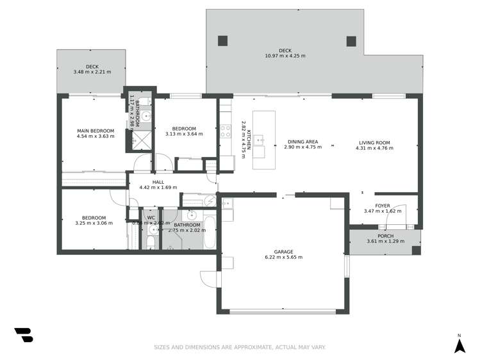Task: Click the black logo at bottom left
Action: (x=23, y=335)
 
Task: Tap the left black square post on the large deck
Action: (x=222, y=41)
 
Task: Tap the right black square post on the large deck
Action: (x=351, y=41)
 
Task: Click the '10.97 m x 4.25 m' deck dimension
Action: (x=285, y=56)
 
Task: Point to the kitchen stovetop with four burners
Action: (x=226, y=131)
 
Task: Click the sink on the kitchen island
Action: (x=259, y=152)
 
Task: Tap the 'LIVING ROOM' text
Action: (x=373, y=143)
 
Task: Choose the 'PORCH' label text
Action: (x=385, y=236)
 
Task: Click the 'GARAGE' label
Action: (x=283, y=252)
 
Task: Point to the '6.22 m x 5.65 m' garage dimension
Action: (x=283, y=258)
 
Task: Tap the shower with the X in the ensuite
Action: (x=142, y=140)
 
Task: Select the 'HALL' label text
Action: (x=158, y=182)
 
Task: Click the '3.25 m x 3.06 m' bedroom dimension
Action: (x=94, y=223)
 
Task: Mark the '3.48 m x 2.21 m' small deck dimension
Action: (x=92, y=72)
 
